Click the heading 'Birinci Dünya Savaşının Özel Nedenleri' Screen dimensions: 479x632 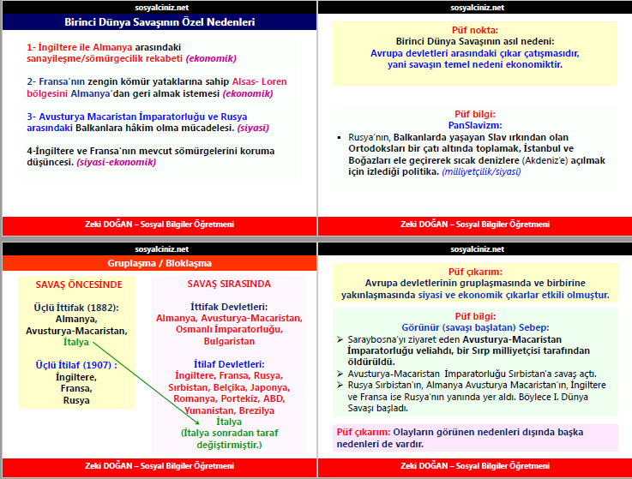point(160,22)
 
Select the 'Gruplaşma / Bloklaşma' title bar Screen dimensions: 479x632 point(160,263)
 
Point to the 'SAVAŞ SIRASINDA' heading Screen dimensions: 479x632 point(228,284)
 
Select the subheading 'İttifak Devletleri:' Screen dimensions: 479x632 point(229,307)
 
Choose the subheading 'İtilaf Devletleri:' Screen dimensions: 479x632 point(229,363)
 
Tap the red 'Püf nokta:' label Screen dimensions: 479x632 point(473,30)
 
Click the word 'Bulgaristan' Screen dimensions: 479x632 point(229,340)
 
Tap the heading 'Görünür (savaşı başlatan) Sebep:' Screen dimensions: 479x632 point(474,327)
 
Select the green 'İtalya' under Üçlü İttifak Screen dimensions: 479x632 point(76,342)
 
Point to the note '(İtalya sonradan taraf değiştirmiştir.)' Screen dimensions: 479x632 point(229,439)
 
